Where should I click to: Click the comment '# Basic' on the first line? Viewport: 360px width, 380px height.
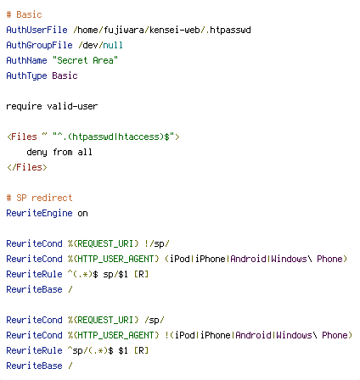point(25,14)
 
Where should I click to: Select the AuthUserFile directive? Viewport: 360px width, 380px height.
point(37,30)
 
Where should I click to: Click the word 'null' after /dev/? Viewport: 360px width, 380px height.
point(113,45)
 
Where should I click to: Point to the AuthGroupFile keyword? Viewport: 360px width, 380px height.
point(39,45)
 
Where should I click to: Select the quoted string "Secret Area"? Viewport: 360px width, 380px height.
point(85,60)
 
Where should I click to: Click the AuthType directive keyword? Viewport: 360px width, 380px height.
point(26,75)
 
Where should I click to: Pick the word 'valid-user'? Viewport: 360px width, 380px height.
point(72,106)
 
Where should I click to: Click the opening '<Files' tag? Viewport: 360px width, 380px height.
point(22,137)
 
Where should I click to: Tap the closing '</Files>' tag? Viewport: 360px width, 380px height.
point(27,167)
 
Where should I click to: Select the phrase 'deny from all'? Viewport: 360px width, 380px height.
point(59,152)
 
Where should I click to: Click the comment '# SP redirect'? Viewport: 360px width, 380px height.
point(39,198)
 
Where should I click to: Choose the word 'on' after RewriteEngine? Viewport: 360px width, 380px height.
point(82,213)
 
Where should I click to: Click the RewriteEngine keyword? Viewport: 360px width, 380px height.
point(39,213)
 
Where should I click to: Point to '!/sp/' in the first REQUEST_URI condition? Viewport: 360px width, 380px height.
point(156,243)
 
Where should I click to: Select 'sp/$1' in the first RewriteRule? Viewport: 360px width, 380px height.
point(115,274)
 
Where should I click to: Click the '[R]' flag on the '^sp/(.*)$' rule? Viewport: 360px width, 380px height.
point(141,350)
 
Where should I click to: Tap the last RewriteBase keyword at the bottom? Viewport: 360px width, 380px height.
point(34,366)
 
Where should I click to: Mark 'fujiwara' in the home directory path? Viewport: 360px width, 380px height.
point(124,30)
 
